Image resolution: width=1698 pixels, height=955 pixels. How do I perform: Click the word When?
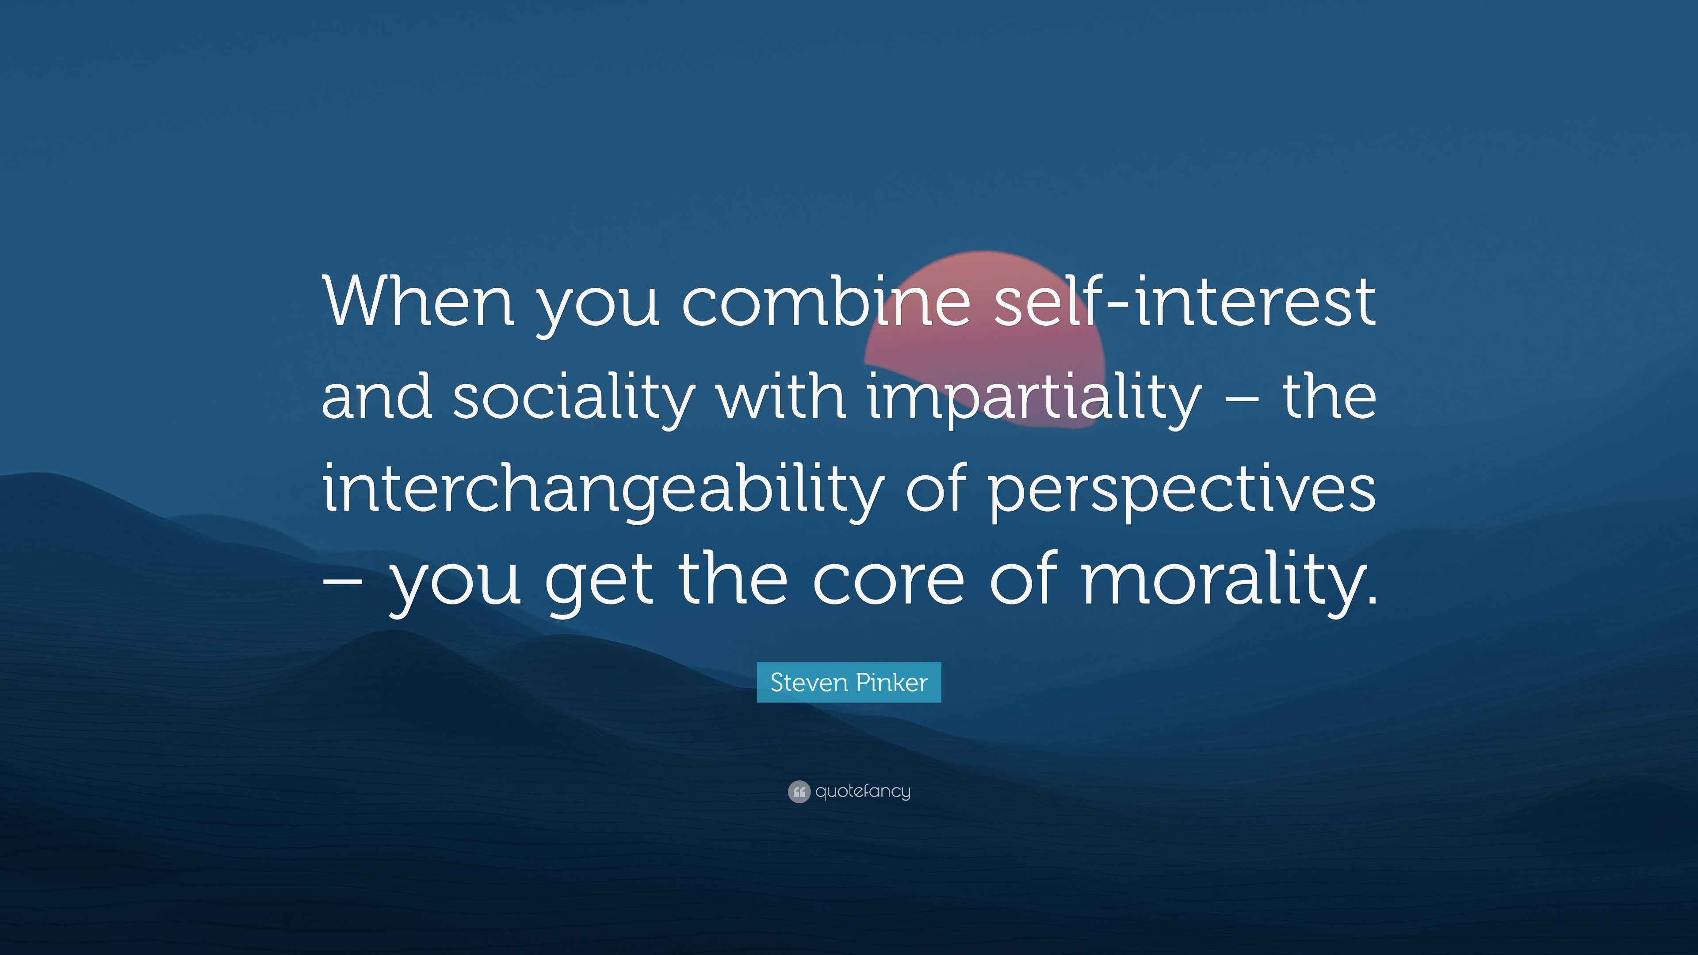point(418,302)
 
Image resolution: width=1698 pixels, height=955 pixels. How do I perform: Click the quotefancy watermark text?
point(863,791)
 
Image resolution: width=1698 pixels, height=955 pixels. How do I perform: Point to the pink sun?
point(985,340)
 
